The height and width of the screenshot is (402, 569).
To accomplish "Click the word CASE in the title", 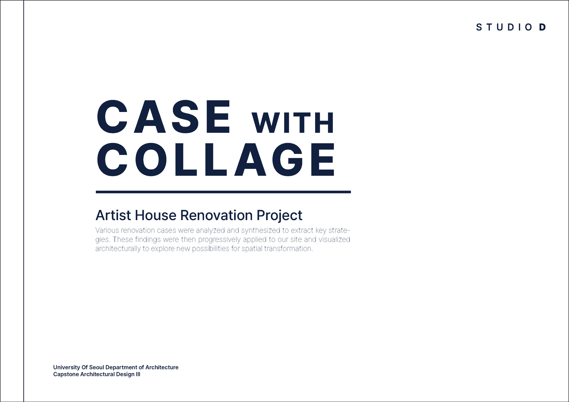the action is click(164, 117).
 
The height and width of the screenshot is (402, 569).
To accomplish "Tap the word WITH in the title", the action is click(292, 123).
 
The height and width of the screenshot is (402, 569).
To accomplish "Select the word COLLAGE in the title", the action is click(216, 159).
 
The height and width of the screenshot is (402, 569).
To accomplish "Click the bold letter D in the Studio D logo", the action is click(542, 27).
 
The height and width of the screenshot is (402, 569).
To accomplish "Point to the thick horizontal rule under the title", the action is click(223, 192).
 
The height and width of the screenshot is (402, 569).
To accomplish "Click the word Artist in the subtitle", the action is click(113, 215).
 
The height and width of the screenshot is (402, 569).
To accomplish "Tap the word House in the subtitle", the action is click(155, 215).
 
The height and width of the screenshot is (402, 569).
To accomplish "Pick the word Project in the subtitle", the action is click(280, 216).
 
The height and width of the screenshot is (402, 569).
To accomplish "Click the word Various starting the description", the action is click(107, 230).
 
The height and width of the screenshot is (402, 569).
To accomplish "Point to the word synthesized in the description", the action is click(261, 231).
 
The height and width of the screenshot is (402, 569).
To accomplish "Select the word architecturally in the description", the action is click(118, 249).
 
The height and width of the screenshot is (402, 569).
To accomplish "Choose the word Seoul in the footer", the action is click(96, 367).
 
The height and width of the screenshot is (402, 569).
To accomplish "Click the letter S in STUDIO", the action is click(479, 27).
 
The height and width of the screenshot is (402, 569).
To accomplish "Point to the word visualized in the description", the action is click(334, 240).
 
